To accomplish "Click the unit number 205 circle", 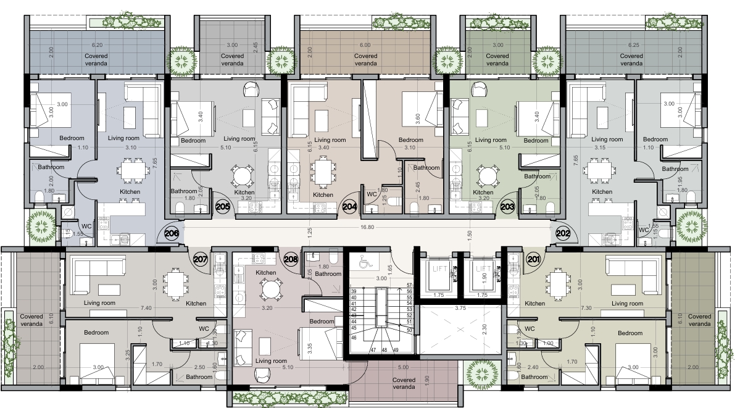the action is click(x=223, y=206).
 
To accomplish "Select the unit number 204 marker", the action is click(x=350, y=206).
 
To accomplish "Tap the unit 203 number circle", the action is click(x=508, y=206).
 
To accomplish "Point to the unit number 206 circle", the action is click(x=172, y=233).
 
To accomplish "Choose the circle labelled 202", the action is click(x=563, y=233).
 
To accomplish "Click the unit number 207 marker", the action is click(x=201, y=259).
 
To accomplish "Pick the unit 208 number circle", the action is click(x=291, y=259).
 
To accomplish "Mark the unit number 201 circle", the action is click(x=533, y=259).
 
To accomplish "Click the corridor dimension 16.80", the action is click(x=367, y=227).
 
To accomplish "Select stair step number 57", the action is click(x=409, y=286).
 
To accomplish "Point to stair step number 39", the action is click(x=354, y=291).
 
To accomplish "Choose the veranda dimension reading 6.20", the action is click(x=97, y=45).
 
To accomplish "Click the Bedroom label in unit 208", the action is click(x=322, y=322).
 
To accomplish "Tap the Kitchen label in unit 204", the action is click(x=323, y=194).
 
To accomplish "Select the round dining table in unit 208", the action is click(x=269, y=289).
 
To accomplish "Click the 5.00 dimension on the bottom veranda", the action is click(x=403, y=367).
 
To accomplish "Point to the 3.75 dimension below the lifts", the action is click(x=460, y=308).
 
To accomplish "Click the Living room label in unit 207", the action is click(x=99, y=303).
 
